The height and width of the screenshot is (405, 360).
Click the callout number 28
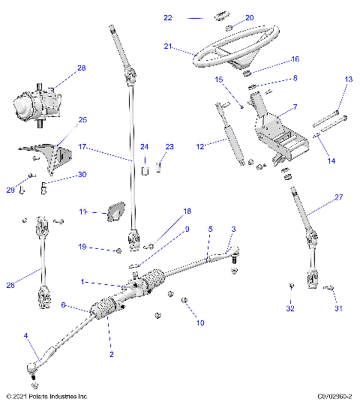[x=82, y=68]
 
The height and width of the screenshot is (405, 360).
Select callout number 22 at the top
[x=168, y=16]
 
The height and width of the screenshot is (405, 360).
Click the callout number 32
[x=290, y=308]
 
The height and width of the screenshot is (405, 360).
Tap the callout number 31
[x=337, y=308]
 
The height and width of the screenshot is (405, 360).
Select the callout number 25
[x=82, y=119]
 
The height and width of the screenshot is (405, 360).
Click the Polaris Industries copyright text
[x=46, y=396]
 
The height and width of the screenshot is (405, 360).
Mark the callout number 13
[x=348, y=79]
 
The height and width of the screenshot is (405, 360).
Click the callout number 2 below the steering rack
[x=112, y=353]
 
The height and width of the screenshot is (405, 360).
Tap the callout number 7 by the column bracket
[x=295, y=107]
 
